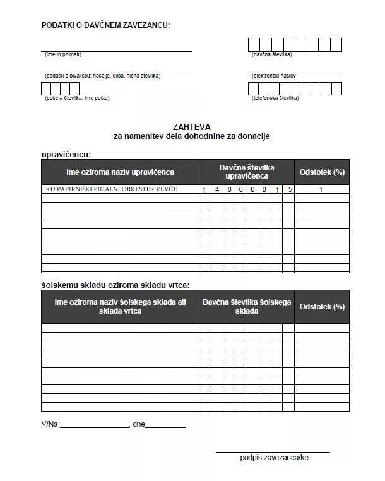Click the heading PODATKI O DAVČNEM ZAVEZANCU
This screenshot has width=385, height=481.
[x=105, y=25]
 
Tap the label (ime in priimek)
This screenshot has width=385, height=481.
[x=63, y=54]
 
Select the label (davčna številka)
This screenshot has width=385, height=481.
[x=271, y=54]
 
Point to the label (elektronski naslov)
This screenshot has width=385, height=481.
[x=274, y=76]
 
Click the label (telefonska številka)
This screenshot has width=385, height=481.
[x=275, y=98]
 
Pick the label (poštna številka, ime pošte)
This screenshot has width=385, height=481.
[x=77, y=98]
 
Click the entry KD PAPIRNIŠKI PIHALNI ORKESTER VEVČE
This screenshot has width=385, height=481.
[x=112, y=189]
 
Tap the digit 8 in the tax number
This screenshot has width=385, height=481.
[x=228, y=190]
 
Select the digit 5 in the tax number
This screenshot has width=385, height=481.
[x=288, y=190]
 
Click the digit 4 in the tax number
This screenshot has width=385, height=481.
[x=216, y=190]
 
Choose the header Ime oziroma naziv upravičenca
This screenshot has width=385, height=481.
[x=120, y=172]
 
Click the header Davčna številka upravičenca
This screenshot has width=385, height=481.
[x=247, y=172]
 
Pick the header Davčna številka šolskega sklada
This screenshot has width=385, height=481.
[x=247, y=307]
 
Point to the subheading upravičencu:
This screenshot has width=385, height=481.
[x=66, y=154]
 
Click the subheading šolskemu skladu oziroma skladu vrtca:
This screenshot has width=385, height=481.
[x=115, y=285]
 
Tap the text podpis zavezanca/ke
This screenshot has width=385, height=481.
[x=274, y=457]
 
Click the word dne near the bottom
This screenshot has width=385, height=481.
[x=139, y=424]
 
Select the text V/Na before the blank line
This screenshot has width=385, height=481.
[x=49, y=424]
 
